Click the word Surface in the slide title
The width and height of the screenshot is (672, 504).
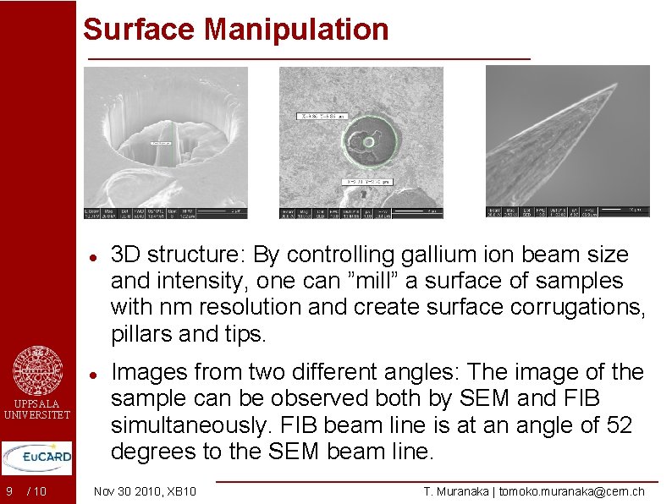[140, 29]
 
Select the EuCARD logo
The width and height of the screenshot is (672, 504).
[37, 457]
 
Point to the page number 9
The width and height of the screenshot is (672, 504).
[8, 491]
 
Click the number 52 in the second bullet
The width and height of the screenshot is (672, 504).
[617, 425]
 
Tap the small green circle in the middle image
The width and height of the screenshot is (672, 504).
[368, 141]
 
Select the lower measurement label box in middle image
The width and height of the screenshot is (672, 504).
[366, 181]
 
